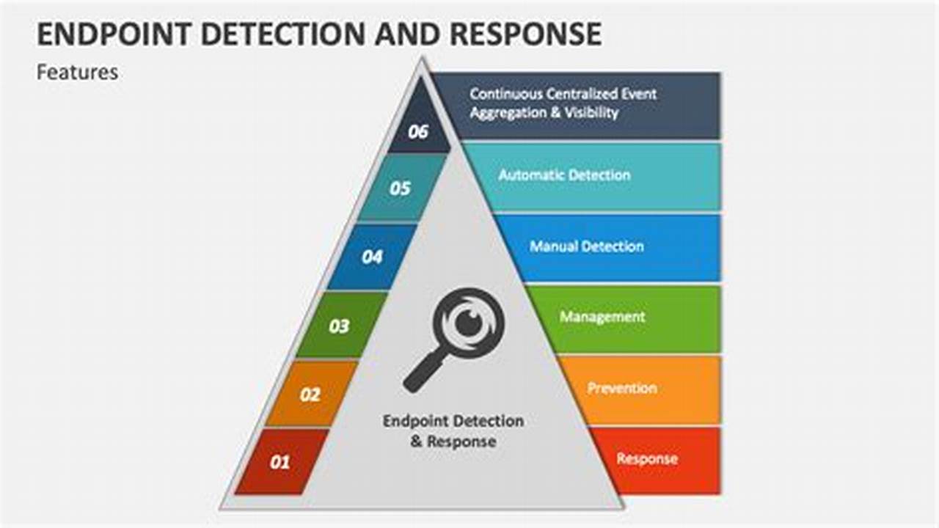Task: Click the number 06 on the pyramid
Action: (x=418, y=133)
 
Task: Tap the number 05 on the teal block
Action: (x=400, y=189)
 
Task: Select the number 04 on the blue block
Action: (x=372, y=257)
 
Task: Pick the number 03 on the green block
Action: (x=339, y=326)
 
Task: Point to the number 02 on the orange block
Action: (x=310, y=395)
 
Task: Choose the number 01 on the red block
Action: (x=279, y=463)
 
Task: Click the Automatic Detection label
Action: (x=564, y=175)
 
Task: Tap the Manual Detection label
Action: (x=587, y=246)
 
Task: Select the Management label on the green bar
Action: (x=602, y=317)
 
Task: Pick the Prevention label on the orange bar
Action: (x=622, y=388)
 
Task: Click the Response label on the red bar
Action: (x=646, y=459)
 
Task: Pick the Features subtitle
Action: (x=77, y=73)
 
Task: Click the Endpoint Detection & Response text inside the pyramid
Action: (x=453, y=431)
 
